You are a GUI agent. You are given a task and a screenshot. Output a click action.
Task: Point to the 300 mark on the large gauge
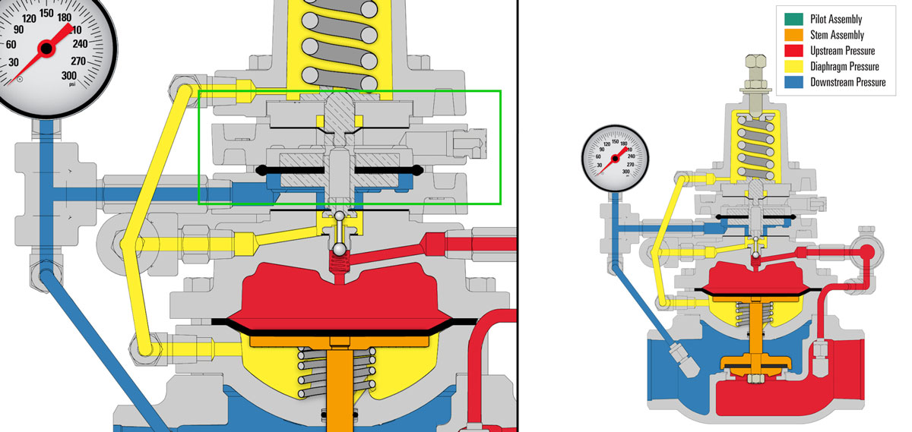tap(68, 75)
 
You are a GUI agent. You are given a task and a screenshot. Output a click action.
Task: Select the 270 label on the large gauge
tap(78, 61)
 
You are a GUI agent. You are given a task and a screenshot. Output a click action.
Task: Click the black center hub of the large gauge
tap(46, 49)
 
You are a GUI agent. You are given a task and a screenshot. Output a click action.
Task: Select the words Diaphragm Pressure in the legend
tap(847, 67)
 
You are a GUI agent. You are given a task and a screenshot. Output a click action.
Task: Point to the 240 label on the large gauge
tap(81, 43)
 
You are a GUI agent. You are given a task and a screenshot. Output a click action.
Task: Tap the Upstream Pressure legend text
tap(843, 51)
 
